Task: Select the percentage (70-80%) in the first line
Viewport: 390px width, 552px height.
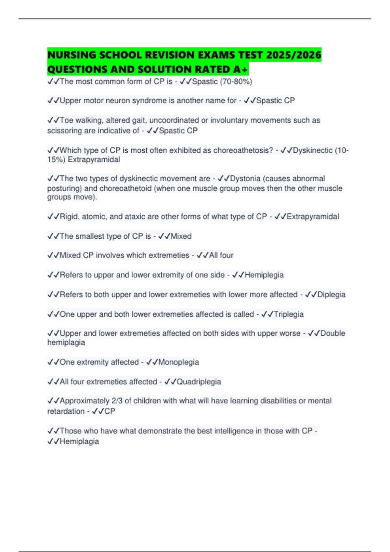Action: [x=236, y=82]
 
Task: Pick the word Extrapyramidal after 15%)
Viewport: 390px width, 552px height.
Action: [x=94, y=159]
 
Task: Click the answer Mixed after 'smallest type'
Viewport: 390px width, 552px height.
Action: [x=181, y=236]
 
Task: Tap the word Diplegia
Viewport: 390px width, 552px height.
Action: [x=331, y=295]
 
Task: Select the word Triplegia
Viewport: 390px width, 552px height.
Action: [x=289, y=314]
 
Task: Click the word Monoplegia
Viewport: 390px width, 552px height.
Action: [x=178, y=362]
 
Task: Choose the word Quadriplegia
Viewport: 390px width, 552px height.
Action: [x=199, y=382]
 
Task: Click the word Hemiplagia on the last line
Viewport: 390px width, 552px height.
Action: [x=79, y=441]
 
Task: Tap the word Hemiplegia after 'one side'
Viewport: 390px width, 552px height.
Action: [x=264, y=275]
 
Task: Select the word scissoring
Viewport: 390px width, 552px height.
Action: [x=64, y=131]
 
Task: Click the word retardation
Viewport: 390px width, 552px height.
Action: [x=66, y=411]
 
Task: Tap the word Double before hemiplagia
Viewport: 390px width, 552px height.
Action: [x=333, y=333]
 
